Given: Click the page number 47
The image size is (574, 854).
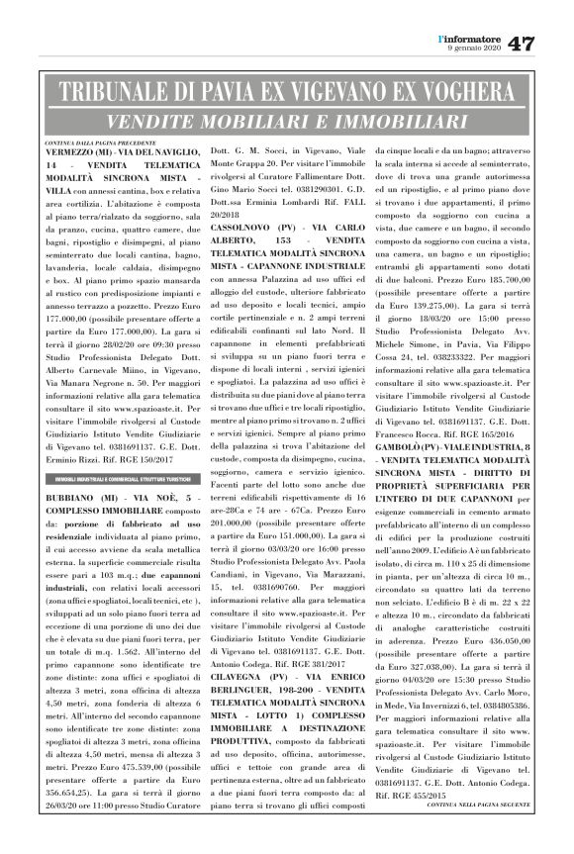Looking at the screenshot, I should (522, 44).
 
